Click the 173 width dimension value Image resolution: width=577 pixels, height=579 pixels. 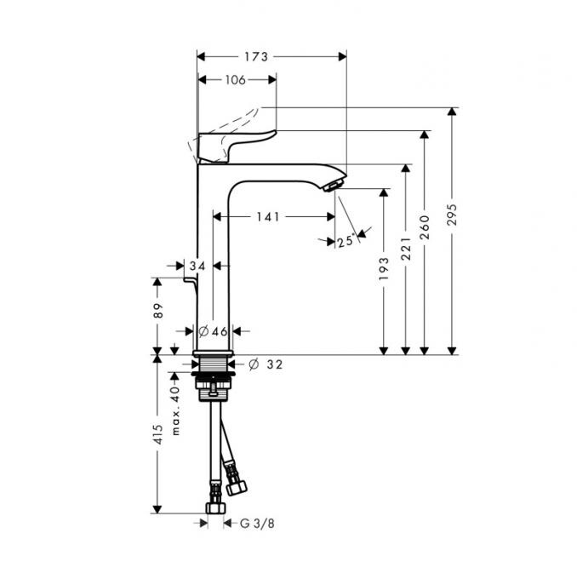coord(255,57)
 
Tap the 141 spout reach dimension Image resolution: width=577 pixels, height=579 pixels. coord(267,217)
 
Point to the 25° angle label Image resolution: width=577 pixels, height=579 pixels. coord(345,242)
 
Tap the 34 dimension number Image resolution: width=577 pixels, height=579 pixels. coord(198,267)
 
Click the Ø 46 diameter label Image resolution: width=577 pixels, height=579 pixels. coord(213,331)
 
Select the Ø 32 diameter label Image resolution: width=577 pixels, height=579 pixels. coord(266,364)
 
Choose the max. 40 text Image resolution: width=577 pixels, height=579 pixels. coord(176,408)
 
